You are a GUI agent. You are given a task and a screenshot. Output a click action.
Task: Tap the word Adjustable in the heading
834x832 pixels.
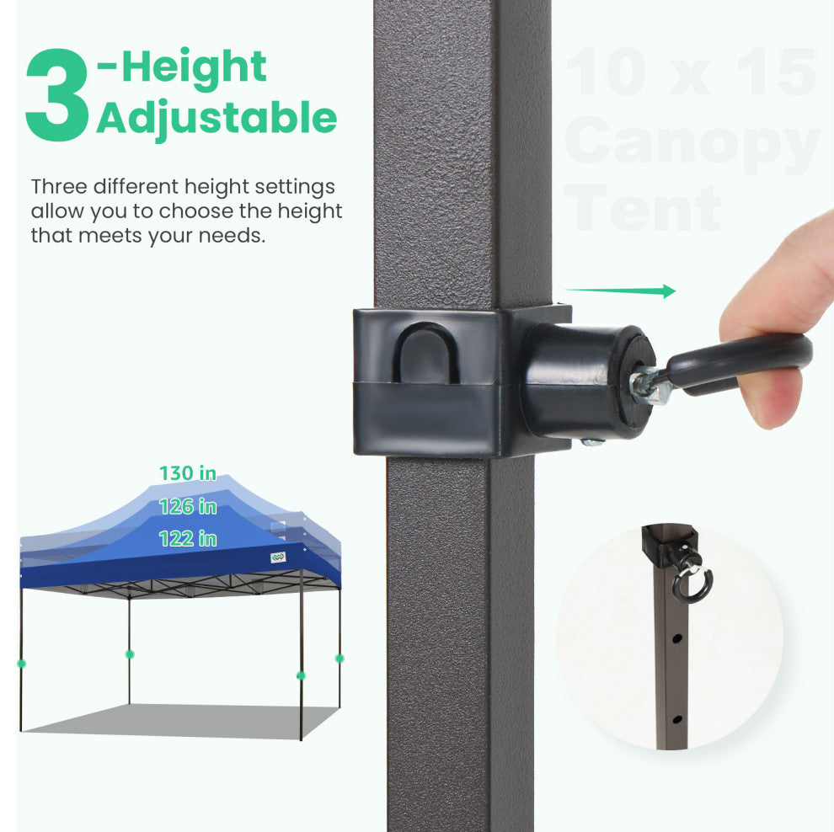pos(217,119)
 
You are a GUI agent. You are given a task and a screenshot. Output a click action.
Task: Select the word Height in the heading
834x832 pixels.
pos(194,67)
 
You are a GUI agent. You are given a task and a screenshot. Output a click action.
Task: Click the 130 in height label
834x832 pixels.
pos(188,472)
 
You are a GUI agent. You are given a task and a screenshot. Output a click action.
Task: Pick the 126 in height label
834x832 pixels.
pos(188,506)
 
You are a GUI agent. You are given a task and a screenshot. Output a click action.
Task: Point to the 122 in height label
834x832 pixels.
pos(188,539)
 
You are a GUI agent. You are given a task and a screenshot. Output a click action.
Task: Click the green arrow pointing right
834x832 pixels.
pos(620,291)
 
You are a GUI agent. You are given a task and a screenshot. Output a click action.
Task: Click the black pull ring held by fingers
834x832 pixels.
pos(740,361)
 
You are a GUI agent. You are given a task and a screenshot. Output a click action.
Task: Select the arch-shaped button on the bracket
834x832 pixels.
pos(425,352)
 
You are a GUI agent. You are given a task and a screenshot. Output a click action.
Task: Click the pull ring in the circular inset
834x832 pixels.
pos(693,582)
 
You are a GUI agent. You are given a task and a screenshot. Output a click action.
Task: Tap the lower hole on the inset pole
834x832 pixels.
pos(677,720)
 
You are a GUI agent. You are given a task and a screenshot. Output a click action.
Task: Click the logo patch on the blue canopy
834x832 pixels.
pos(278,557)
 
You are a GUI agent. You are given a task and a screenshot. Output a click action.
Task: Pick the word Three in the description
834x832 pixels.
pos(59,187)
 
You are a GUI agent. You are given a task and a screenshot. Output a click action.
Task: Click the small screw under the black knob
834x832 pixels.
pos(591,442)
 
